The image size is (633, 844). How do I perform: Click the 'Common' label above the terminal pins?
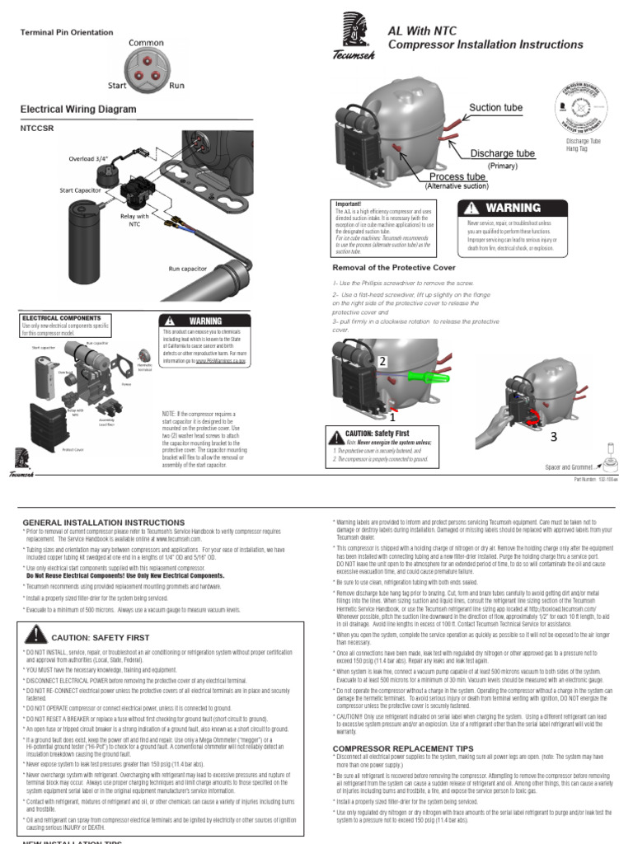pos(145,42)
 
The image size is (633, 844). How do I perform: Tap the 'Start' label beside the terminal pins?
pos(116,85)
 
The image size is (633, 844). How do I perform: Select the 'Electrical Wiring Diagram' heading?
pos(77,109)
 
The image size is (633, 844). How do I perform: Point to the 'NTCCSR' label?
pos(36,129)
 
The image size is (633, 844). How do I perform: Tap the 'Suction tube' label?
pos(495,108)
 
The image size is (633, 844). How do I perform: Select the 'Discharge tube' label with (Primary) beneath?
pos(502,153)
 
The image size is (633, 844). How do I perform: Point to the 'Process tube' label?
pos(457,176)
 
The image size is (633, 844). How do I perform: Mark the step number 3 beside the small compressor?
pos(554,436)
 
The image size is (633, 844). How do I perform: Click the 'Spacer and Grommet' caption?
pos(570,467)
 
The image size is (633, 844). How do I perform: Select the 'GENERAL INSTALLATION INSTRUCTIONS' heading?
pos(92,523)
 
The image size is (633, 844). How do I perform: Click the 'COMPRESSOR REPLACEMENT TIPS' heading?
pos(395,748)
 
